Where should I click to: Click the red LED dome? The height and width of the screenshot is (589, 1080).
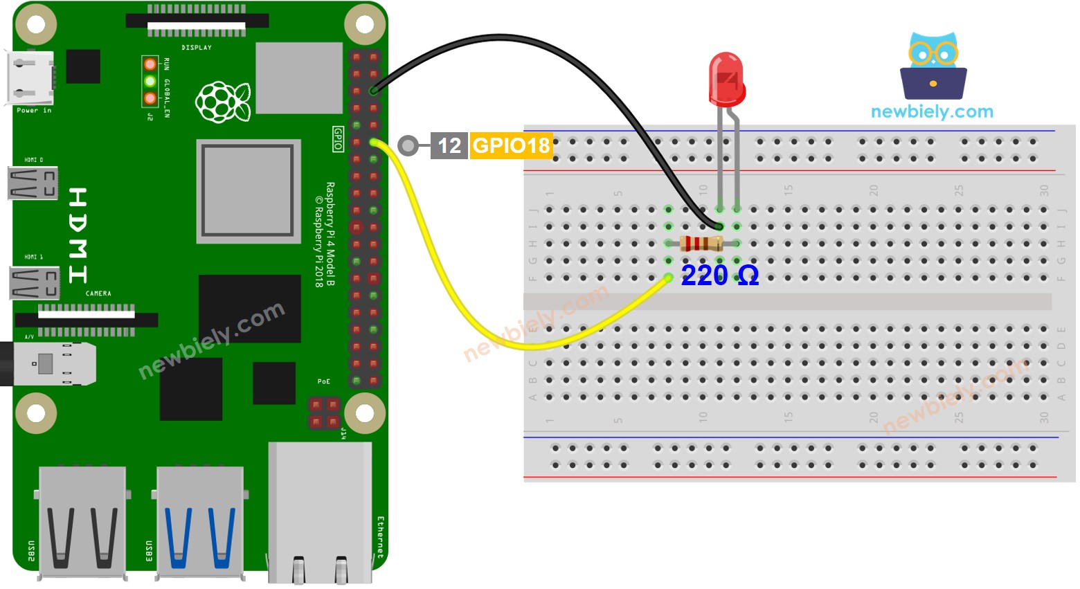click(726, 78)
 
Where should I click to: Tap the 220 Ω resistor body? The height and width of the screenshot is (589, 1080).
click(701, 244)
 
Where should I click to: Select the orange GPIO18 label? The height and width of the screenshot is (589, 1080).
click(511, 145)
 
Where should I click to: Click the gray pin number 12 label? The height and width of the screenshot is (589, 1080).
click(449, 145)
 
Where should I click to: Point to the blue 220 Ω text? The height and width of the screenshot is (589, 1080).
click(719, 275)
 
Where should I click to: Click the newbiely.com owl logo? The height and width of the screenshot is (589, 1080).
click(933, 66)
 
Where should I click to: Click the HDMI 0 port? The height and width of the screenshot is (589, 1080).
click(33, 183)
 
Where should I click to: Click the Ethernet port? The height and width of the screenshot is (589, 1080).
click(320, 512)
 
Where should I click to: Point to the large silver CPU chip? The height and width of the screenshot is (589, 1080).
click(249, 191)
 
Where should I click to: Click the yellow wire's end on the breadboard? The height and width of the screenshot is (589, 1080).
click(668, 278)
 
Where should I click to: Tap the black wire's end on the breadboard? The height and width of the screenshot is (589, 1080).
click(719, 226)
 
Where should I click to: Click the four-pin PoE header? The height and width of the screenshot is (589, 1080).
click(324, 413)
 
